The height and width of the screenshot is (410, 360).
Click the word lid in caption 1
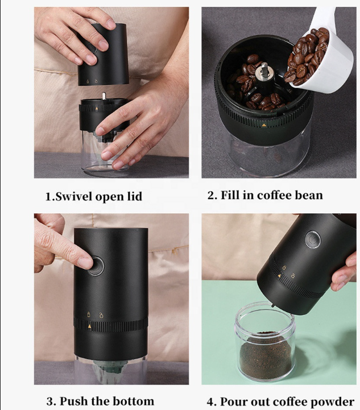click(135, 196)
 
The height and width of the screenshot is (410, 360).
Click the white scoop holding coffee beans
click(321, 57)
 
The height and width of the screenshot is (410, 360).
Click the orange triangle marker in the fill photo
click(264, 125)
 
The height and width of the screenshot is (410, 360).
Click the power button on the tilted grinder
click(313, 239)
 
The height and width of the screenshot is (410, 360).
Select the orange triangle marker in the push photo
click(90, 326)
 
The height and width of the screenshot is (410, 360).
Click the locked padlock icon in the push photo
click(88, 314)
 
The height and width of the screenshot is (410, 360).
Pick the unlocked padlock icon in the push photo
click(101, 315)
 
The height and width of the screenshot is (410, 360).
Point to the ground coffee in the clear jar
click(265, 354)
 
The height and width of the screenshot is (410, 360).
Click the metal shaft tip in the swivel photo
click(104, 96)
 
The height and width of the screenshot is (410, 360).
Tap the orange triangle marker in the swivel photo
click(97, 108)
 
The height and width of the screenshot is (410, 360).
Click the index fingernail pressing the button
click(85, 263)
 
